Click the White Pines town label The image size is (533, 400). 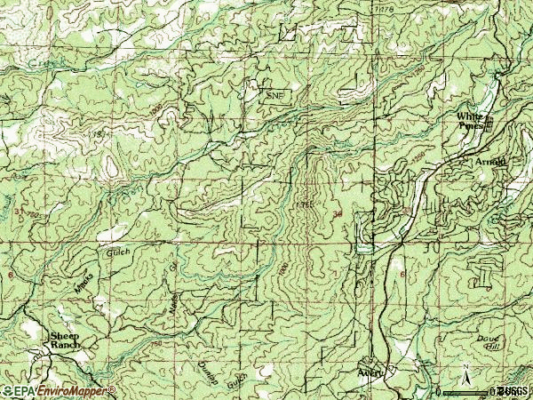(469, 121)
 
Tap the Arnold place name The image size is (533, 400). (490, 162)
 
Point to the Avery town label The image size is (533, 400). (370, 372)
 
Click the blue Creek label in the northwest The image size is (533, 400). (43, 64)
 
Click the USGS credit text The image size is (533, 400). (513, 391)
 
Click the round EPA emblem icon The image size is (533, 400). (7, 391)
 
